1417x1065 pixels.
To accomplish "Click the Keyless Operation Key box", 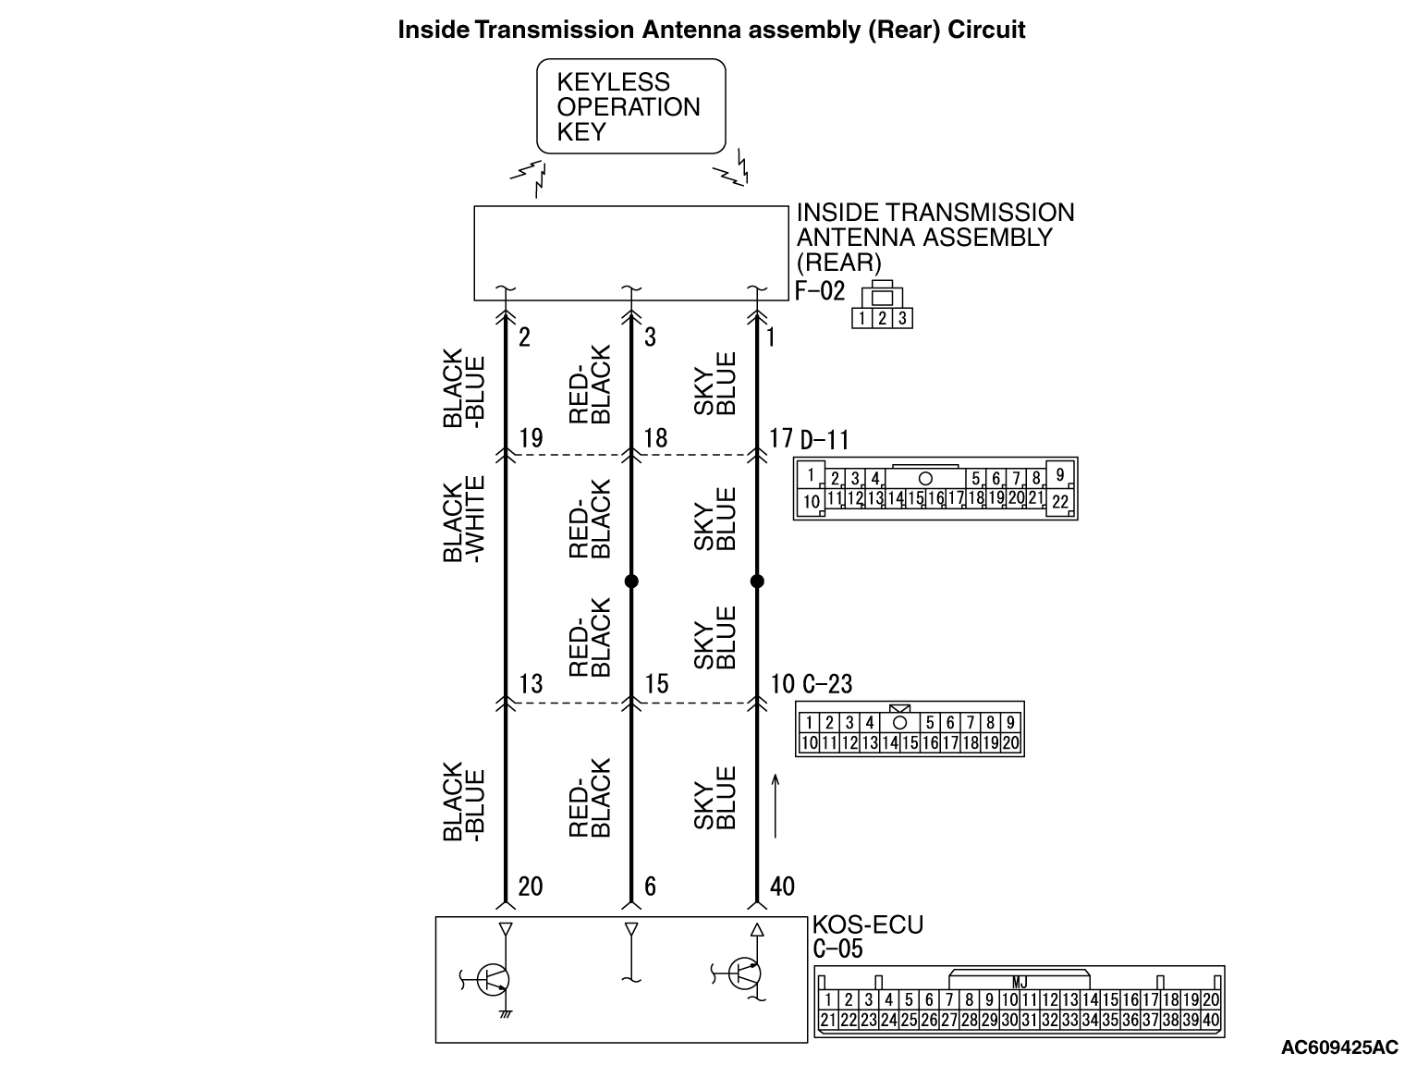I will coord(631,106).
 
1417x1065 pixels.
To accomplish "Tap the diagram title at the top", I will coord(711,30).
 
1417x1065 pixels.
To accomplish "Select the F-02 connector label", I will coord(820,291).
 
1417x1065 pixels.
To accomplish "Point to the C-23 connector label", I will coord(826,684).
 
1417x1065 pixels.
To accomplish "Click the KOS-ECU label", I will coord(867,924).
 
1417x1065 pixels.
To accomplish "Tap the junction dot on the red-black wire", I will coord(631,581).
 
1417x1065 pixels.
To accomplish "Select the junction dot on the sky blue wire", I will coord(757,581).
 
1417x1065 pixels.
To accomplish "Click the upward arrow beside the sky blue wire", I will coord(776,806).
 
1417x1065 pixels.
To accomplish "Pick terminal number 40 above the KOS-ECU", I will coord(782,887).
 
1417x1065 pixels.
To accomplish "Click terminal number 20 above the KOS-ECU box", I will coord(530,887).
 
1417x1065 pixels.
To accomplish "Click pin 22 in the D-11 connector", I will coord(1060,502).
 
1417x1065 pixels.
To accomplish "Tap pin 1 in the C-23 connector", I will coord(809,723).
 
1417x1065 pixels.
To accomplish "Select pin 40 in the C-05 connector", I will coord(1210,1020).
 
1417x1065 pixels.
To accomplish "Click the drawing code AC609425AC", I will coord(1339,1047).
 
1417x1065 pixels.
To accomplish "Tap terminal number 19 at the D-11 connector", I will coord(531,437).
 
